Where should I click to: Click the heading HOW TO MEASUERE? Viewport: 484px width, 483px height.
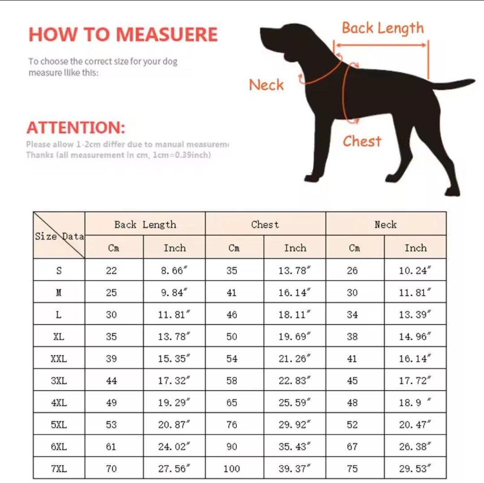[123, 35]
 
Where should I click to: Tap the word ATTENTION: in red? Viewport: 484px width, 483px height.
[76, 128]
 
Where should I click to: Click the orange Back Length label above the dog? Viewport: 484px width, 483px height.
[382, 28]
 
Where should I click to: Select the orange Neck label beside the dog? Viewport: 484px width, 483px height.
[266, 85]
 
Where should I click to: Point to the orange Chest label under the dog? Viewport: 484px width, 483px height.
[362, 142]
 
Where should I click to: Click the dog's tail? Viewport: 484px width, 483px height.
[453, 84]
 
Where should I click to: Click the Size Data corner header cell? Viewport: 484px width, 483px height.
[59, 236]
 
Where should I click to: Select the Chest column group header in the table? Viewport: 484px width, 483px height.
[265, 224]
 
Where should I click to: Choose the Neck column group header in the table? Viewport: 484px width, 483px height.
[386, 224]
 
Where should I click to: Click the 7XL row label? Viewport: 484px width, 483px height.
[59, 469]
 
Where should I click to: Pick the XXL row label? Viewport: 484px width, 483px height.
[59, 358]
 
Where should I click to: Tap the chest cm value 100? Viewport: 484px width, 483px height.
[232, 469]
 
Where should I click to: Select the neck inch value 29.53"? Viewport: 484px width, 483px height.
[415, 469]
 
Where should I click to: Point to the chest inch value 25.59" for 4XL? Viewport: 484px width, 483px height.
[294, 402]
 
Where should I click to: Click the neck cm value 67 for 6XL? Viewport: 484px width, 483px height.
[353, 447]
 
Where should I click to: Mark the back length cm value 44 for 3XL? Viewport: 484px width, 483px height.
[112, 381]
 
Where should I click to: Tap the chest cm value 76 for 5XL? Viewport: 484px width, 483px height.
[232, 425]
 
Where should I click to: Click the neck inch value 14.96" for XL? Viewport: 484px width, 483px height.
[415, 336]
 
